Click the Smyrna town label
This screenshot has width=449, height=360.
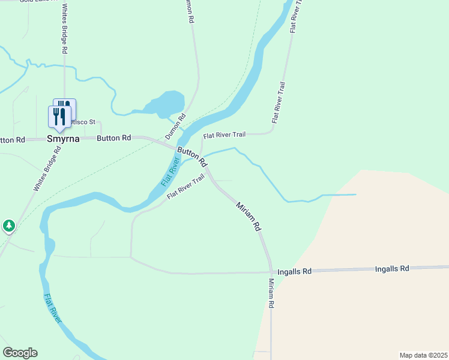click(x=63, y=139)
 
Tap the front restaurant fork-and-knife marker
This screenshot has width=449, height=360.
click(x=59, y=116)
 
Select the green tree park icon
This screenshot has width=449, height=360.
click(x=8, y=226)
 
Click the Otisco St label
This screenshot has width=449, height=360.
click(x=82, y=122)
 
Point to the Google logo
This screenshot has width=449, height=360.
click(x=20, y=353)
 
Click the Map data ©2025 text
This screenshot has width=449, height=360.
click(x=423, y=355)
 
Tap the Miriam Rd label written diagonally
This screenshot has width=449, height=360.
click(x=249, y=217)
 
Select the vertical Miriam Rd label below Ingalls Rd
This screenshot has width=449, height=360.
click(x=271, y=293)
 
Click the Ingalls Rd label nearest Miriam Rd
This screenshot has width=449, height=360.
click(x=298, y=271)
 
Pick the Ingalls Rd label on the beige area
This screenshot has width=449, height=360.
click(x=392, y=268)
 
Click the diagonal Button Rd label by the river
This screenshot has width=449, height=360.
click(x=191, y=156)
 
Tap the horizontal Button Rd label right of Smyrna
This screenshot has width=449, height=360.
click(x=114, y=138)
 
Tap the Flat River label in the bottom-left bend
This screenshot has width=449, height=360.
click(x=53, y=308)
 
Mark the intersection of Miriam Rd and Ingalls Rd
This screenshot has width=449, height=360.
click(x=271, y=272)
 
